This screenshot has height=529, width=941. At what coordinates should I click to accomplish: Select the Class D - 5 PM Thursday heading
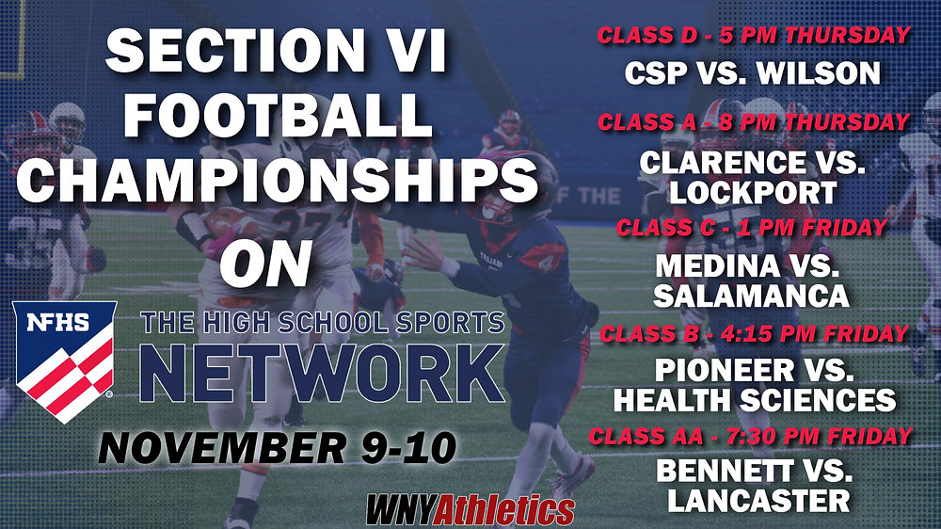tap(754, 36)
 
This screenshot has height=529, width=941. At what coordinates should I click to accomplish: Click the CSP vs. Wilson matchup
tap(754, 72)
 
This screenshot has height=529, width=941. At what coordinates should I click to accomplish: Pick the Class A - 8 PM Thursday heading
tap(754, 121)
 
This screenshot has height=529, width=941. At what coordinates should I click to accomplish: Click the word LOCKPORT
tap(754, 192)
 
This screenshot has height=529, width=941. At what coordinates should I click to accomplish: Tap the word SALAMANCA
tap(751, 296)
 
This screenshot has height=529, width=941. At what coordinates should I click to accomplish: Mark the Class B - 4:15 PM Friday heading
tap(754, 332)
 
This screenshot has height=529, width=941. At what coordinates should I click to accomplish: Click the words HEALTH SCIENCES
tap(754, 399)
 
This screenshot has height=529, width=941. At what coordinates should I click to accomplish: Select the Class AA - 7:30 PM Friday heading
tap(751, 436)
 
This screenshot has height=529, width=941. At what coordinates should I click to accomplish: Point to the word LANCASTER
tap(758, 501)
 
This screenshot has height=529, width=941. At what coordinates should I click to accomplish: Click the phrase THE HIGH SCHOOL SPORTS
tap(322, 324)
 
